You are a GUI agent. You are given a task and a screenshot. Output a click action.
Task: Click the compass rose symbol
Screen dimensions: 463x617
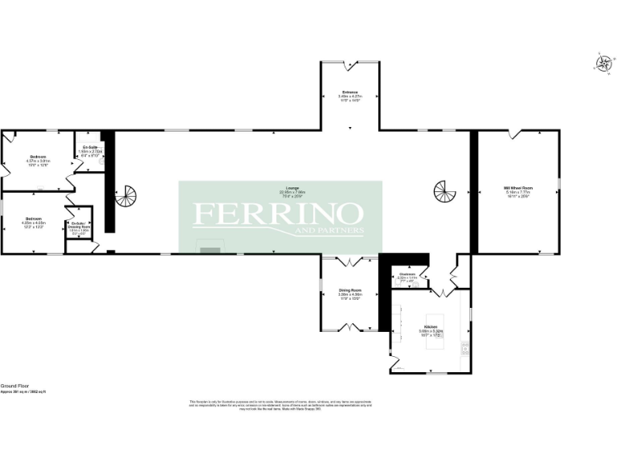[602, 64]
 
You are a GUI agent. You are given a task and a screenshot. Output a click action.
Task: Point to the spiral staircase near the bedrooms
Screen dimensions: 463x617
[126, 195]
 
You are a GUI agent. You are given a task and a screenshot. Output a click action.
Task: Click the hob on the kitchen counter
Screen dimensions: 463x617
[465, 347]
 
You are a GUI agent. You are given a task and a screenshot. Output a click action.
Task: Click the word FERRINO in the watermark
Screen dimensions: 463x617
[277, 215]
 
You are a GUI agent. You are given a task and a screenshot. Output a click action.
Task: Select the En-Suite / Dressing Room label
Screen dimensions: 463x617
[80, 225]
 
